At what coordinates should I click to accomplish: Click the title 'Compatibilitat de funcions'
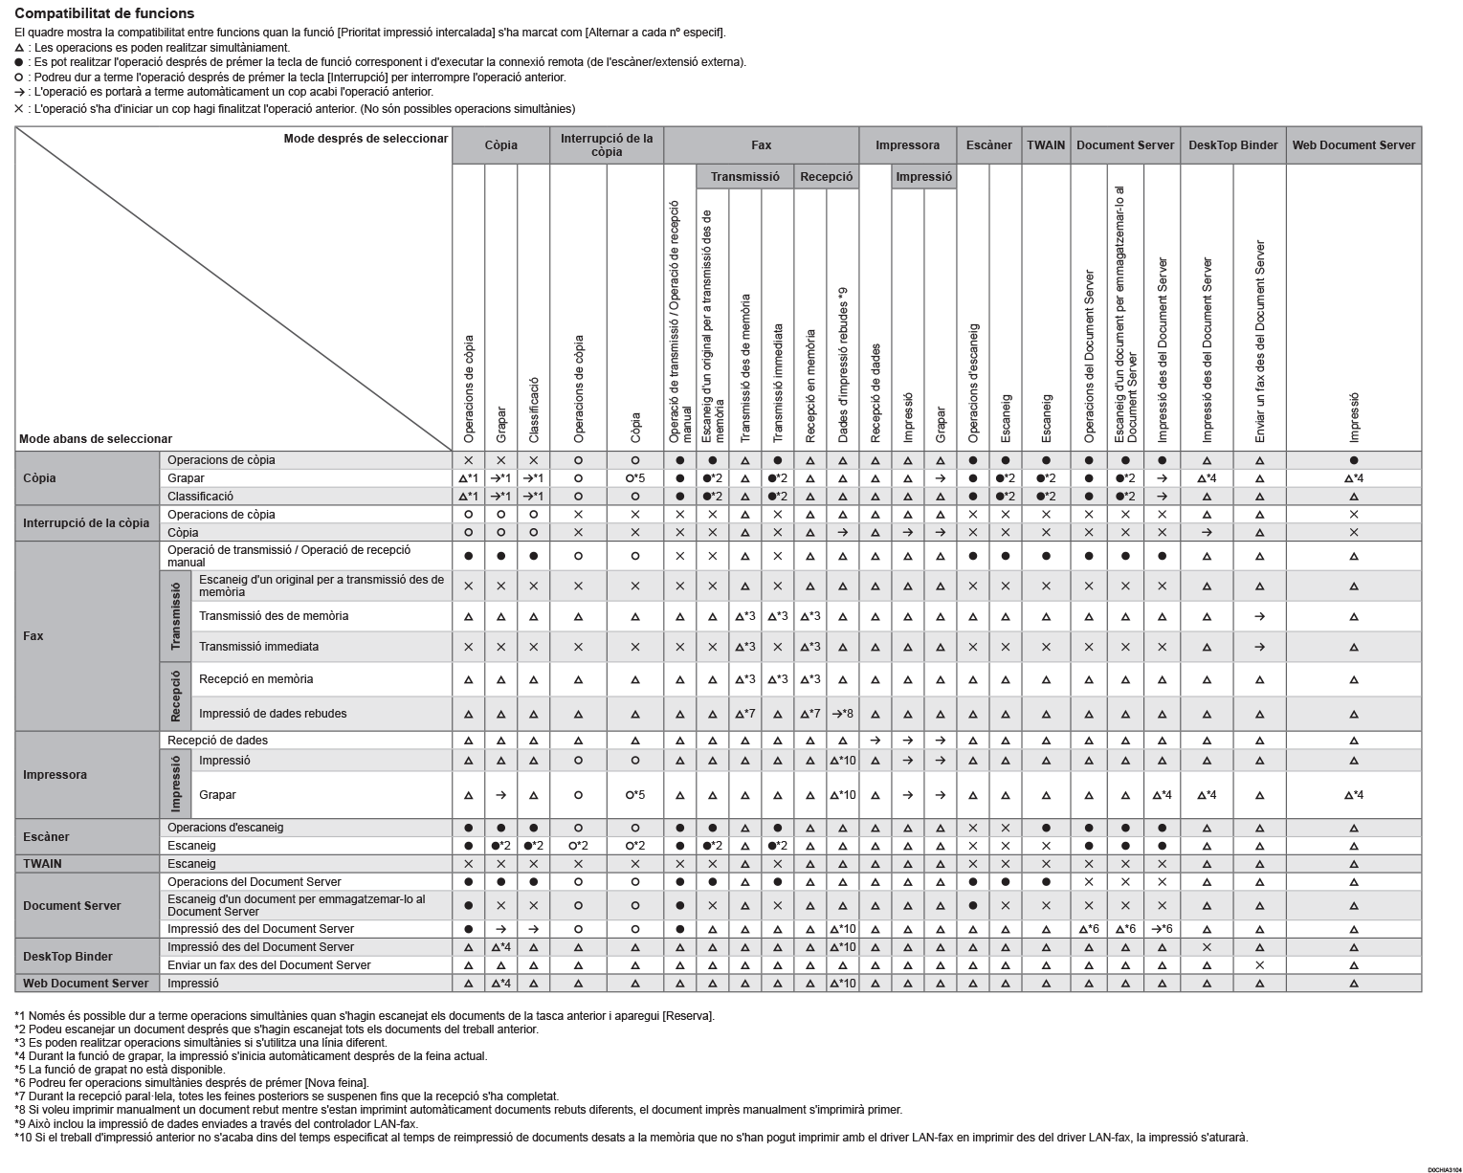104,13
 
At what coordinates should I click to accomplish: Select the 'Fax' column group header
761,145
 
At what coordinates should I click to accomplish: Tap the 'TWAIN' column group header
1046,145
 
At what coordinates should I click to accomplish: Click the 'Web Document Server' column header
1353,145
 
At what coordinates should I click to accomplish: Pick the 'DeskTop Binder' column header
1232,145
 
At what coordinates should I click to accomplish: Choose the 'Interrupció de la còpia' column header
606,145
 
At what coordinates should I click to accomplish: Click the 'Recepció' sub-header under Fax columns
826,177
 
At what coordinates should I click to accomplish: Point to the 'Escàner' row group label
46,837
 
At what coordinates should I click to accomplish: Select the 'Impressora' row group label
55,775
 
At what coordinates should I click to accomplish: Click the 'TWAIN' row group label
42,864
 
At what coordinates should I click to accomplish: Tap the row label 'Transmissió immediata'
258,647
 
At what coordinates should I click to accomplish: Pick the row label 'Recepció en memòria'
255,679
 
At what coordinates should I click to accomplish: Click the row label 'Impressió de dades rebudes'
273,714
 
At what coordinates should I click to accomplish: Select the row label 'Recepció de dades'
217,741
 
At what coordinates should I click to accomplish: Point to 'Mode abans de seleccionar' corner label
96,439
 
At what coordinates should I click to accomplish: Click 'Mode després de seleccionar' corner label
366,139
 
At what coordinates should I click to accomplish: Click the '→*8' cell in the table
842,714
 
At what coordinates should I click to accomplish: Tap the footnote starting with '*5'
120,1070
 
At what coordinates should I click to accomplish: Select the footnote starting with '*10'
632,1138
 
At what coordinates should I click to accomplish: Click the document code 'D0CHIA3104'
1443,1169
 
